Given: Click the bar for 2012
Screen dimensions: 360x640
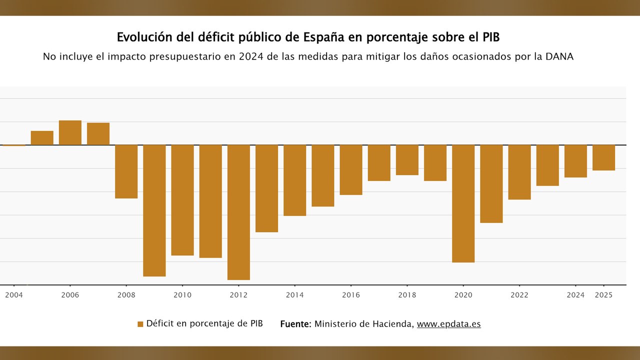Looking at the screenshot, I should pyautogui.click(x=238, y=212).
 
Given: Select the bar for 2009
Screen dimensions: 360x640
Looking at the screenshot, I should pyautogui.click(x=154, y=210).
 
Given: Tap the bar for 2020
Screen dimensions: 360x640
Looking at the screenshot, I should pyautogui.click(x=463, y=203).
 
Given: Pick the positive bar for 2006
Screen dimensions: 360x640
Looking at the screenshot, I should pyautogui.click(x=70, y=132).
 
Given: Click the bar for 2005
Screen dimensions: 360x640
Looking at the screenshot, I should pyautogui.click(x=42, y=138).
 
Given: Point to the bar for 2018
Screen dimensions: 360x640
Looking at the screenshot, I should pyautogui.click(x=407, y=160).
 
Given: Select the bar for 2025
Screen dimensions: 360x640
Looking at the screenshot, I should pyautogui.click(x=603, y=157).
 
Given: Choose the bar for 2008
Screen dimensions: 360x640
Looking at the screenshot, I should pyautogui.click(x=126, y=171).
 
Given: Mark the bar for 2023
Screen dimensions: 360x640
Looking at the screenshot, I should pyautogui.click(x=547, y=165).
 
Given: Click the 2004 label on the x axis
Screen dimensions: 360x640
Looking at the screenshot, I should pyautogui.click(x=14, y=295).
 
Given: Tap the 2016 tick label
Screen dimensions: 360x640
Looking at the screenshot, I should pyautogui.click(x=350, y=295).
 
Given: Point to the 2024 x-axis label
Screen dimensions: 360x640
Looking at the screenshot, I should pyautogui.click(x=575, y=295).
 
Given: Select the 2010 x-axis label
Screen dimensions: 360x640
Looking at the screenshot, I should pyautogui.click(x=182, y=295).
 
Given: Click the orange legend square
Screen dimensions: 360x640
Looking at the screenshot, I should pyautogui.click(x=140, y=324).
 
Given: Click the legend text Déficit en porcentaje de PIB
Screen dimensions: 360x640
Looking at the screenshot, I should pyautogui.click(x=204, y=323).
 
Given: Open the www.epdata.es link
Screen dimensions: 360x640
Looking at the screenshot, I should pyautogui.click(x=448, y=324).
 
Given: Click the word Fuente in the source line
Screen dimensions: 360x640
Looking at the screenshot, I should pyautogui.click(x=295, y=324).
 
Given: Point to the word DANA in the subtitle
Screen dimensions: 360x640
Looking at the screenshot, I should pyautogui.click(x=559, y=56).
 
